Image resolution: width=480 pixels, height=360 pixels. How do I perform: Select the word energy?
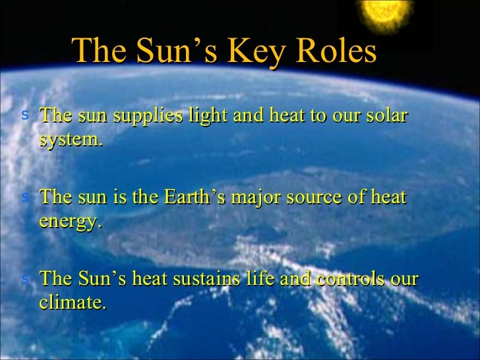click(71, 222)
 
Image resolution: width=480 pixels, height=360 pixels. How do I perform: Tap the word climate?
click(72, 303)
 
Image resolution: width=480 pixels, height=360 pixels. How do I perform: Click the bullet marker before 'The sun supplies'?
click(25, 115)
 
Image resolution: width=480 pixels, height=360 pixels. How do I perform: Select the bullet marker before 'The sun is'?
click(25, 196)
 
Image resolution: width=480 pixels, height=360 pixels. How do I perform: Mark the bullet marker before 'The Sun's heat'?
click(25, 278)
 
